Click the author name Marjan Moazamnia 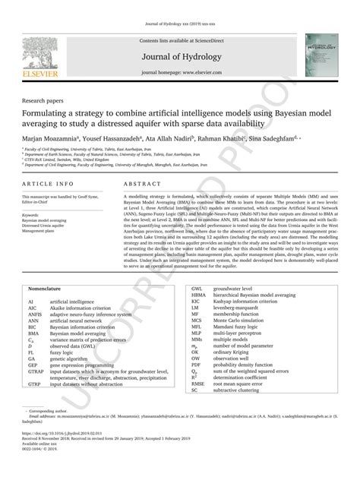pyautogui.click(x=50, y=140)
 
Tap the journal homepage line pyautogui.click(x=179, y=73)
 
